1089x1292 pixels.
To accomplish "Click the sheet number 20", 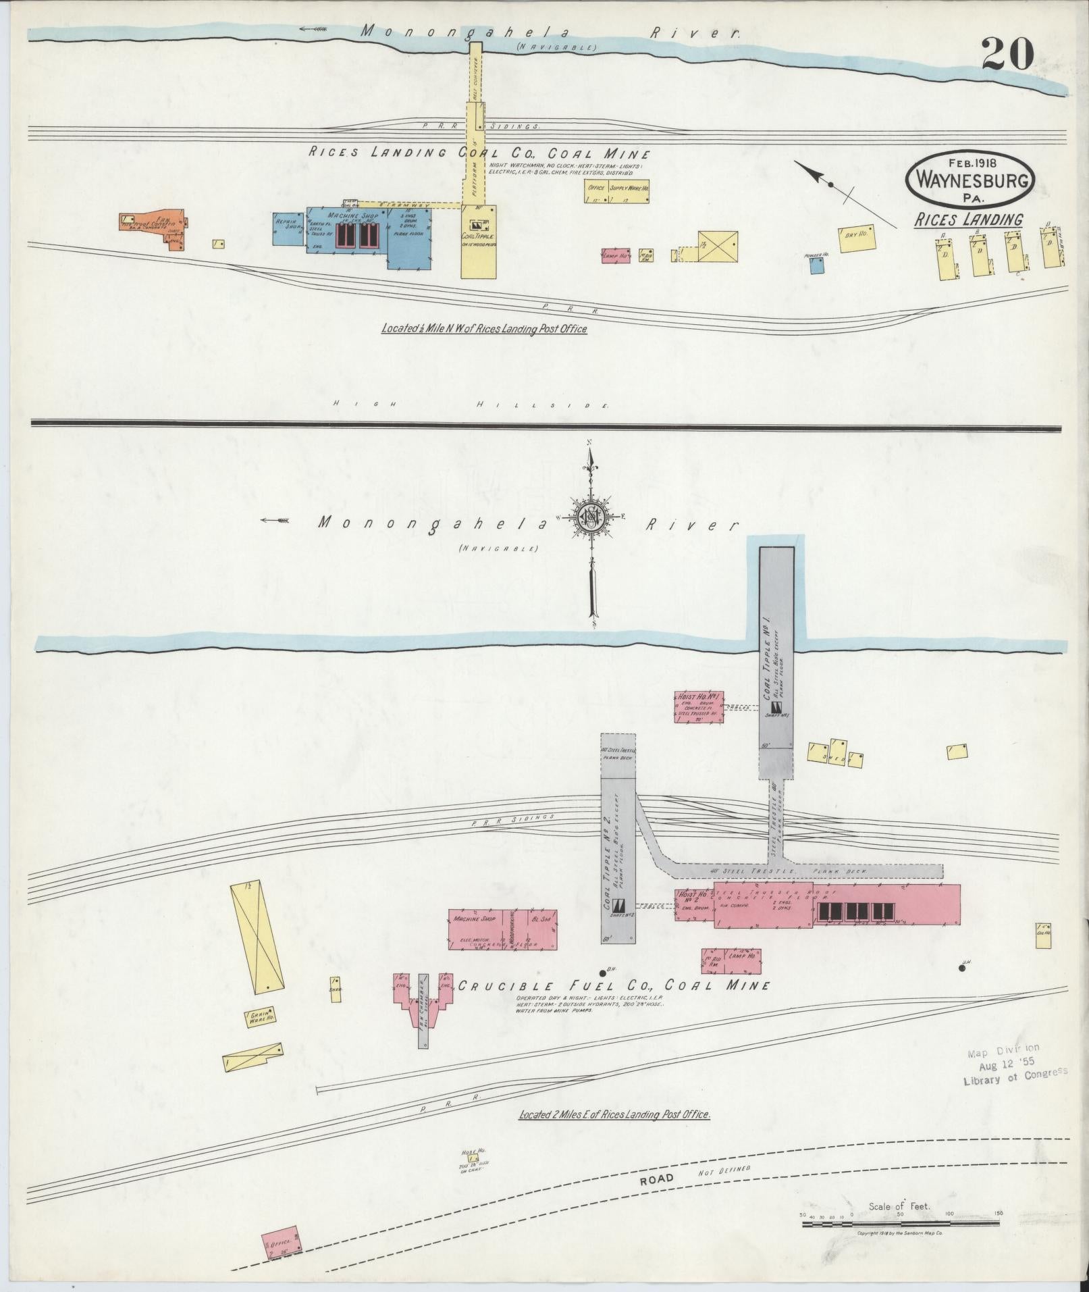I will pos(1007,53).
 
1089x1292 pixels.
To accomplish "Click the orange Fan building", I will pos(153,228).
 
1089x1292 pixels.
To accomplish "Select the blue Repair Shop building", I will pos(288,228).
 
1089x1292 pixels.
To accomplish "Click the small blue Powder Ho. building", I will pos(816,265).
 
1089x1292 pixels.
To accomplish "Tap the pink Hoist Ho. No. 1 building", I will pos(697,706).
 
